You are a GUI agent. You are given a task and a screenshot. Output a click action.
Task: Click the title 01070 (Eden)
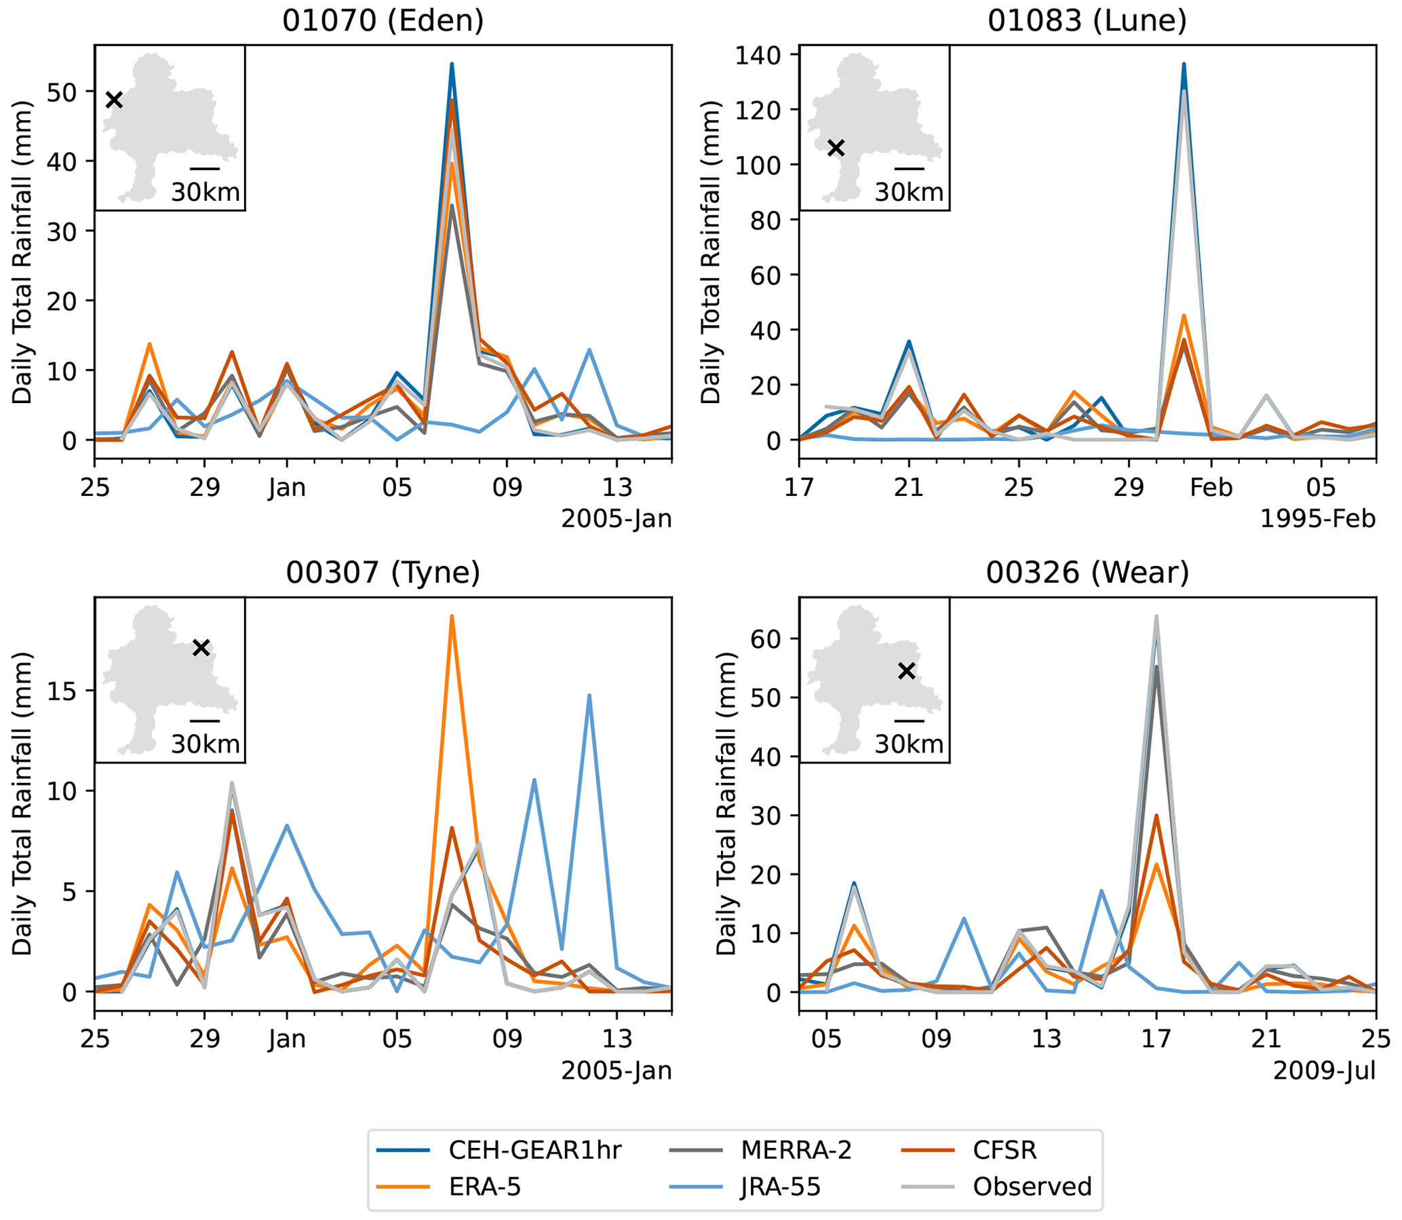pos(383,20)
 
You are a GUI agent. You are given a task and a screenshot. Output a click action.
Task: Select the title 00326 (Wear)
pos(1087,573)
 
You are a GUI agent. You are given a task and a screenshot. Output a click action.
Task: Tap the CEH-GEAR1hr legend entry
pos(534,1150)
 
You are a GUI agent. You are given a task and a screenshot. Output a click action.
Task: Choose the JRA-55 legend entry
pos(780,1187)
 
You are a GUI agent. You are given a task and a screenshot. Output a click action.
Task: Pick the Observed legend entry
pos(1032,1187)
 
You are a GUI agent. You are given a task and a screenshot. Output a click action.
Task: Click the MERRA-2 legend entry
pos(796,1150)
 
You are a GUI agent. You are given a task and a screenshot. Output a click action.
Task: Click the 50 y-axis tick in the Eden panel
pos(62,92)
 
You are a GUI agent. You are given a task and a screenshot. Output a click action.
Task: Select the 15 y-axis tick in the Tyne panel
pos(62,690)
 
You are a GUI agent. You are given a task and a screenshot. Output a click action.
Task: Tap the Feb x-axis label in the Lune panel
pos(1211,487)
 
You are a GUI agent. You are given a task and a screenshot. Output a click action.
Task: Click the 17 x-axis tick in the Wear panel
pos(1156,1039)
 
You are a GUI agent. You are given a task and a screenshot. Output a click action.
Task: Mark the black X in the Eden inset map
pos(115,100)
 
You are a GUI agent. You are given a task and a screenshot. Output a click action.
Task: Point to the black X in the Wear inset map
pos(906,670)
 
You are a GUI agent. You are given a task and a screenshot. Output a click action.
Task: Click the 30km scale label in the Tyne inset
pos(205,744)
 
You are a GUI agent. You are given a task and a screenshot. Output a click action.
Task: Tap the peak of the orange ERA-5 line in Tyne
pos(451,616)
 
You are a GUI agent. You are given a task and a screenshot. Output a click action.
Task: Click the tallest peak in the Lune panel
pos(1184,64)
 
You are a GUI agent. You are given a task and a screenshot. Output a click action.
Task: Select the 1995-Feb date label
pos(1318,519)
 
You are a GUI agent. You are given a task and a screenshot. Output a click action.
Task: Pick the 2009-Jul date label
pos(1324,1071)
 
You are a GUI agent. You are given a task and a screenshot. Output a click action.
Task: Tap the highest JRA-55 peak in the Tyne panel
pos(589,695)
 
